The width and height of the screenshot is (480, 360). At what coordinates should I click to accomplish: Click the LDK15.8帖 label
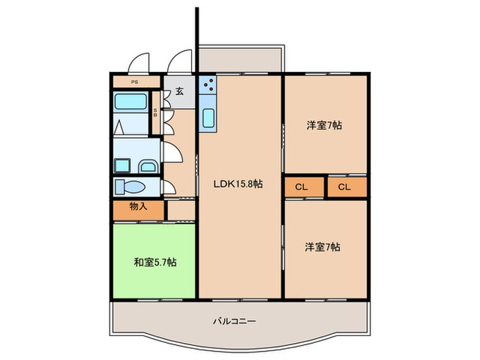[239, 184]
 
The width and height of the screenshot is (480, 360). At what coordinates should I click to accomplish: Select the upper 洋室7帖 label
[324, 125]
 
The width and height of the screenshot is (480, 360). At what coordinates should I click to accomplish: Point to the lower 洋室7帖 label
[324, 247]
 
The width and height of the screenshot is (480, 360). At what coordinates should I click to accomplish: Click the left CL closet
[301, 187]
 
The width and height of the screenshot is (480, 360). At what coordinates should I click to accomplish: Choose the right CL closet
[344, 187]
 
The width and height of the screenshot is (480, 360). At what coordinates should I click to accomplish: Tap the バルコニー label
[234, 320]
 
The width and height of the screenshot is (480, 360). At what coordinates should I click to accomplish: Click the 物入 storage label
[138, 206]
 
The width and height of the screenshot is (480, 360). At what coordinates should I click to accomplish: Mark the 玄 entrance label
[179, 91]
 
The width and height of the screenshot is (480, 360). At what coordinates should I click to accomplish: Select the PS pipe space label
[134, 82]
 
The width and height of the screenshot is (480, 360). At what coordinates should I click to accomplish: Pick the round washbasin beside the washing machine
[147, 166]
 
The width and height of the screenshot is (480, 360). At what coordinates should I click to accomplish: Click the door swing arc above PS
[141, 62]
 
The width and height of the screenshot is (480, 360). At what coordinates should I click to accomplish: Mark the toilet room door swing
[169, 186]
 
